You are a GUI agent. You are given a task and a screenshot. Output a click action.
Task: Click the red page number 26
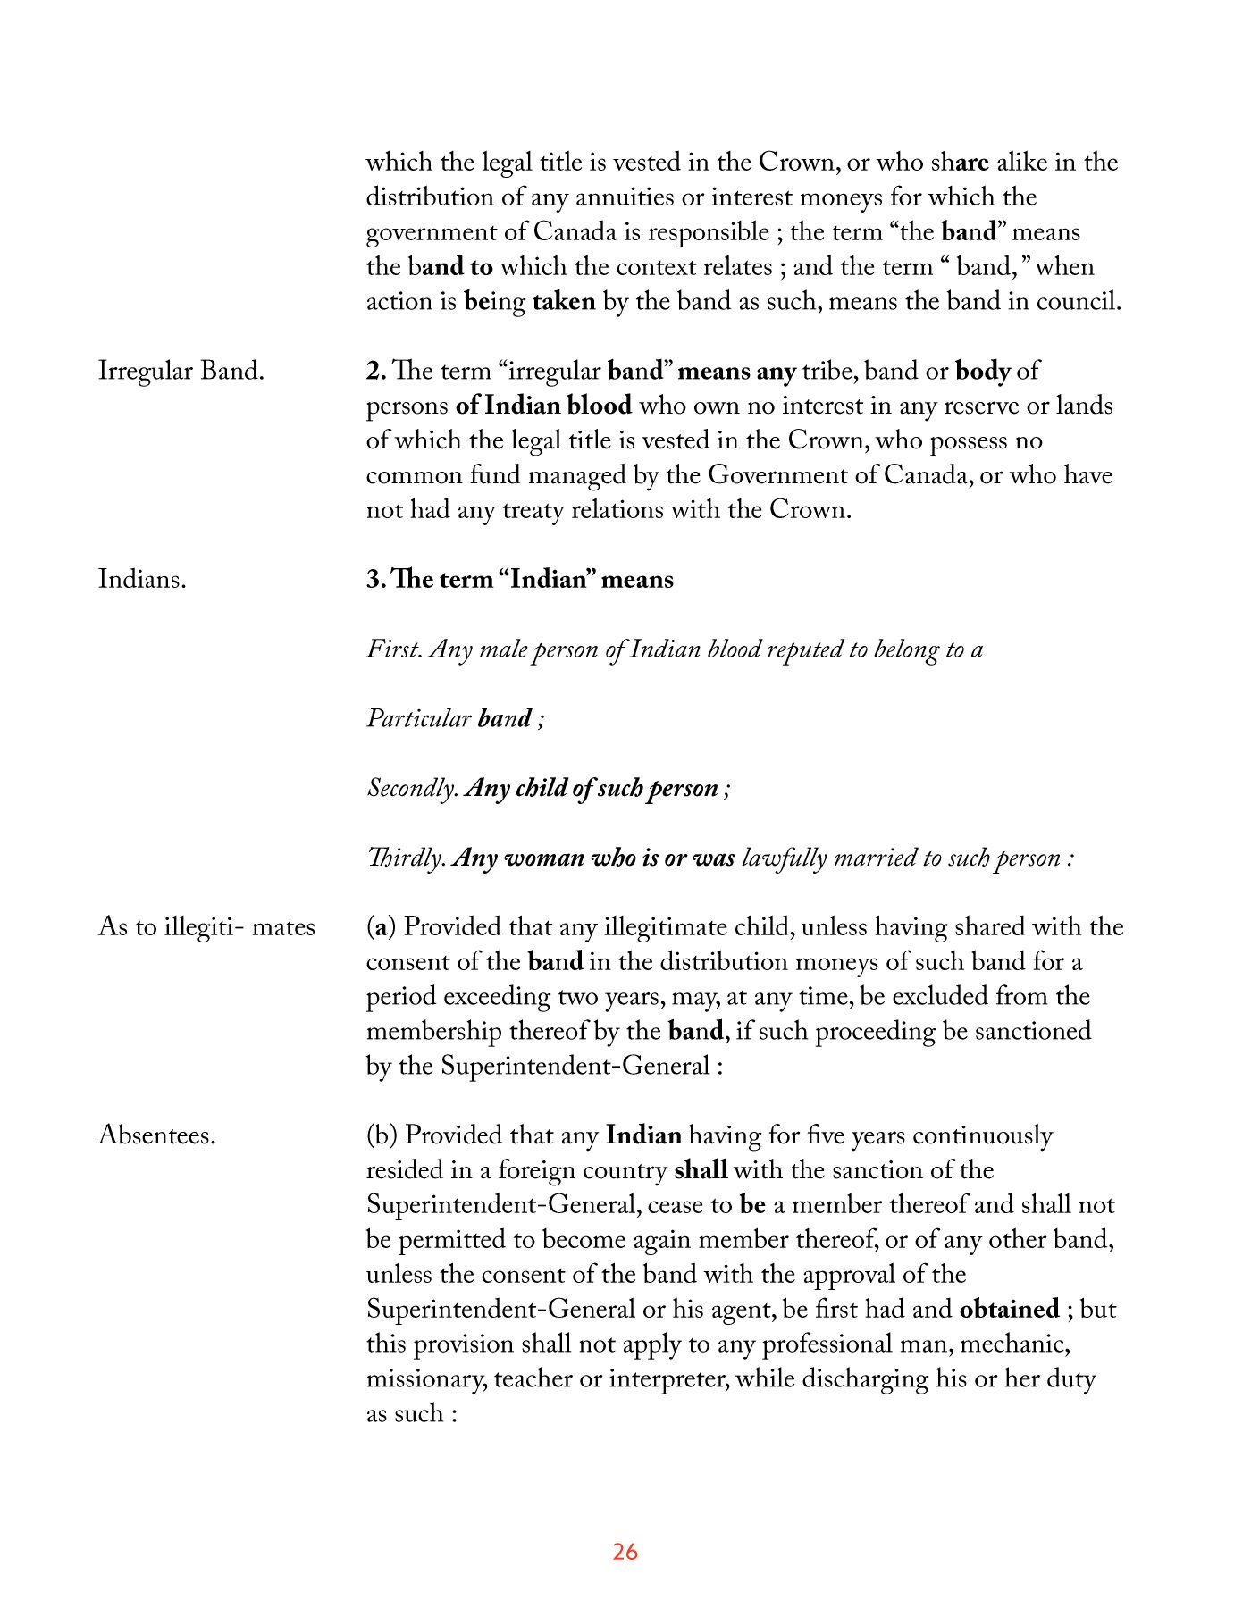coord(625,1552)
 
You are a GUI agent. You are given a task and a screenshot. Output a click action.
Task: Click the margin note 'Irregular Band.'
coord(181,371)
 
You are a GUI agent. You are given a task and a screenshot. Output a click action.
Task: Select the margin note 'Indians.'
coord(142,580)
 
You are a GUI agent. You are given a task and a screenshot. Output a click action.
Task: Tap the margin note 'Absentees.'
coord(157,1135)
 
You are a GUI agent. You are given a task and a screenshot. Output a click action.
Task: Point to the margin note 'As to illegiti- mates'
coord(206,927)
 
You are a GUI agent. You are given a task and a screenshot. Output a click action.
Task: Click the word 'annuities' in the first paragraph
coord(625,197)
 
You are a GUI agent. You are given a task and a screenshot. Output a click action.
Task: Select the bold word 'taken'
coord(564,302)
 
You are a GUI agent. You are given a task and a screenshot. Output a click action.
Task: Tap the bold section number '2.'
coord(375,371)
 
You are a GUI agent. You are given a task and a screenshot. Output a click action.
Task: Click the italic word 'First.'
coord(394,649)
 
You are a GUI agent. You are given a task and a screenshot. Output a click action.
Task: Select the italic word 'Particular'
coord(419,719)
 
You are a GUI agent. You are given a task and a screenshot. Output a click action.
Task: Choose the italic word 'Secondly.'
coord(413,789)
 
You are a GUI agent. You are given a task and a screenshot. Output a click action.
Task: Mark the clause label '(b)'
coord(382,1135)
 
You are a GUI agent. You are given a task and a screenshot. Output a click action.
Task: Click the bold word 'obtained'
coord(1009,1310)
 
